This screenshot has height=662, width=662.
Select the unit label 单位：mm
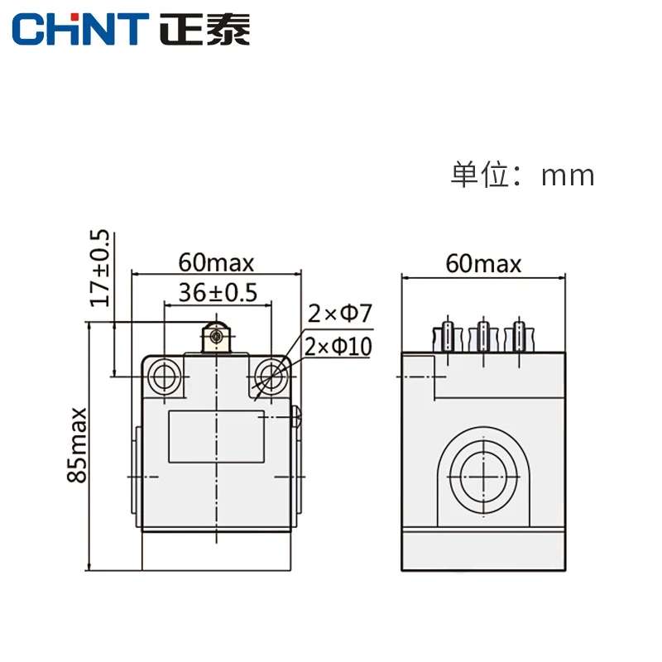(522, 175)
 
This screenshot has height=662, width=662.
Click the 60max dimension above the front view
(217, 263)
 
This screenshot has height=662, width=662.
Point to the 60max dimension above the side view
(483, 263)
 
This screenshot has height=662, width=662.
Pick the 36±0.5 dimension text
(218, 292)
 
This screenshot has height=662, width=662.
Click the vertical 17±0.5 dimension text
(100, 267)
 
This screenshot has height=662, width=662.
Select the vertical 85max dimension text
(78, 444)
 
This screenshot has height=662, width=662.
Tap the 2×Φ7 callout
(341, 314)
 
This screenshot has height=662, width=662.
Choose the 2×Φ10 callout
(338, 346)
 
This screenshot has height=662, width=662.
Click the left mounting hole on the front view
(164, 377)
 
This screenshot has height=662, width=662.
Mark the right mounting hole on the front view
(271, 377)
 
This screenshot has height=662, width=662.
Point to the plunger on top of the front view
(217, 338)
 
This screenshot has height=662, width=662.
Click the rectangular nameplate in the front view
(217, 437)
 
